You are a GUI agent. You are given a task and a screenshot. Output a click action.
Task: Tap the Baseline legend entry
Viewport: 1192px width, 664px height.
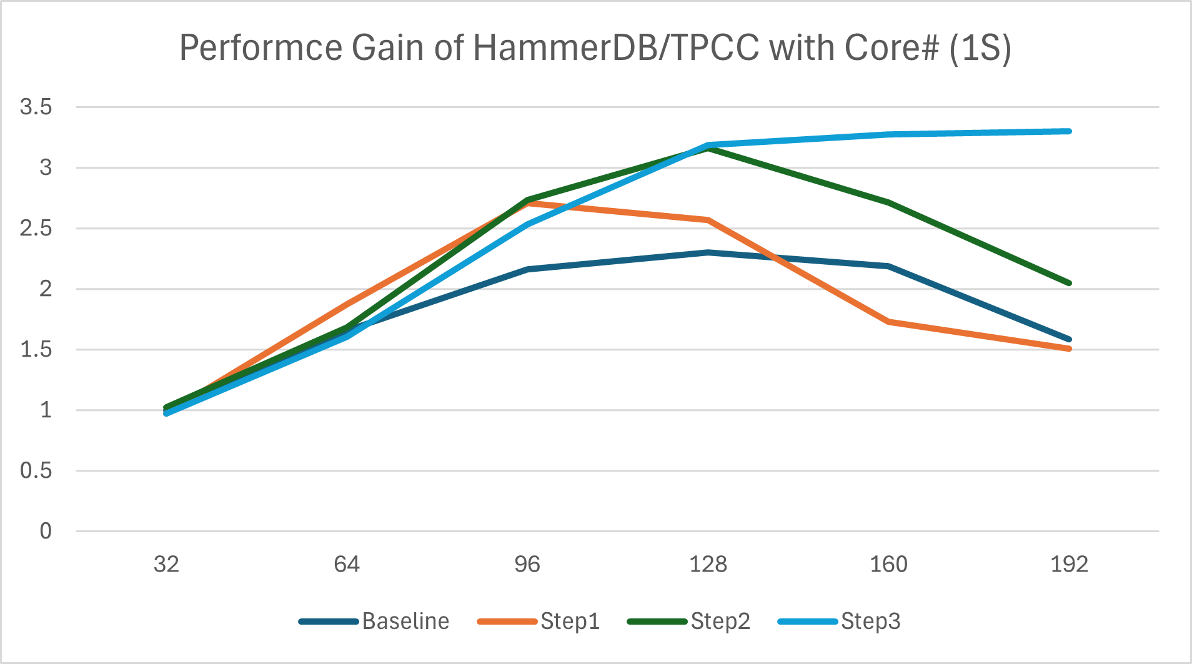click(405, 622)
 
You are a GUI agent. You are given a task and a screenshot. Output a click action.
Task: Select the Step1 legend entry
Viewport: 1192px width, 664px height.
click(570, 622)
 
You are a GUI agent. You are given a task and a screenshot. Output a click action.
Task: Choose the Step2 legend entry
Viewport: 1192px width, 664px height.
click(720, 622)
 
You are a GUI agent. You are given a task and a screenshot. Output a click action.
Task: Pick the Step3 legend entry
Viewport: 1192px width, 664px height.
click(870, 622)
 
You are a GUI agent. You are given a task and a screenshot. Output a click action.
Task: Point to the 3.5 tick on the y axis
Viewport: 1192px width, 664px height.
click(36, 107)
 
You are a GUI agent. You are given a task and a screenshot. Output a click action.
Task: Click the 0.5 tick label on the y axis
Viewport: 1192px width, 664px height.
click(36, 470)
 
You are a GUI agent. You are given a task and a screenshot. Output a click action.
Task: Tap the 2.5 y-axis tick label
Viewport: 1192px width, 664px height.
click(36, 228)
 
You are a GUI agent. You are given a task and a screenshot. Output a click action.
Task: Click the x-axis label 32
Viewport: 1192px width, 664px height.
click(166, 565)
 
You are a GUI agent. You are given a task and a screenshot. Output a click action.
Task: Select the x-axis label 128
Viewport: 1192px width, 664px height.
click(708, 565)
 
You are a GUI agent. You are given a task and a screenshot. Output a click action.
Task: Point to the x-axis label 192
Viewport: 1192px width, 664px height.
click(1069, 565)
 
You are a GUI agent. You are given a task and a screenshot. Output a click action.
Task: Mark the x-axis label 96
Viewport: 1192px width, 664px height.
click(527, 565)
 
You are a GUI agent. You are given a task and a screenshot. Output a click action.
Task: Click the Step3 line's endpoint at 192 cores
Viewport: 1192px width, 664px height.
click(1069, 131)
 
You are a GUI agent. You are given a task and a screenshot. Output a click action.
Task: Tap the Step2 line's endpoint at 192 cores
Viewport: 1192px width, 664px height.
click(1069, 284)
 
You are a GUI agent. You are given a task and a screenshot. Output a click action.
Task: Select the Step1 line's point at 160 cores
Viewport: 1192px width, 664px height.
click(888, 322)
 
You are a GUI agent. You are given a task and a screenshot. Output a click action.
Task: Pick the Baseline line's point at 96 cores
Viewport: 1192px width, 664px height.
click(527, 269)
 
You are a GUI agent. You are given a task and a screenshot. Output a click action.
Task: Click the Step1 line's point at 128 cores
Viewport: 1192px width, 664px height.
click(708, 220)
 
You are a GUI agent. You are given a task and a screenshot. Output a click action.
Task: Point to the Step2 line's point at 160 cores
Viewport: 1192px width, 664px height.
click(888, 202)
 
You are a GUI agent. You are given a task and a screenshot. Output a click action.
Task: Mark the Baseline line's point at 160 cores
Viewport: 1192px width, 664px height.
click(888, 266)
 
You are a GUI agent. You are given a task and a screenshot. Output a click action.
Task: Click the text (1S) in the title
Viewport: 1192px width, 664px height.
click(980, 47)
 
